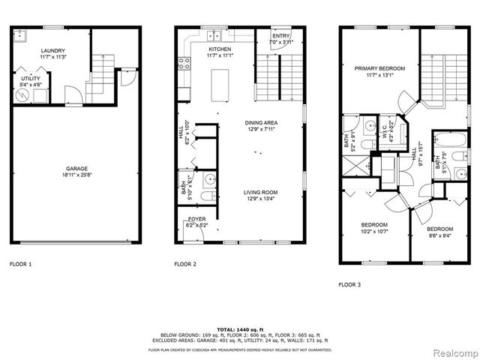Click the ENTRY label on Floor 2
tap(280, 35)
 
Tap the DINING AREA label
tap(261, 121)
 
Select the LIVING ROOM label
tap(260, 193)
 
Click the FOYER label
tap(198, 219)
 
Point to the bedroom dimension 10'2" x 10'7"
tap(374, 232)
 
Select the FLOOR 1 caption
tap(20, 264)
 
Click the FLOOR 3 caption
tap(349, 284)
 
